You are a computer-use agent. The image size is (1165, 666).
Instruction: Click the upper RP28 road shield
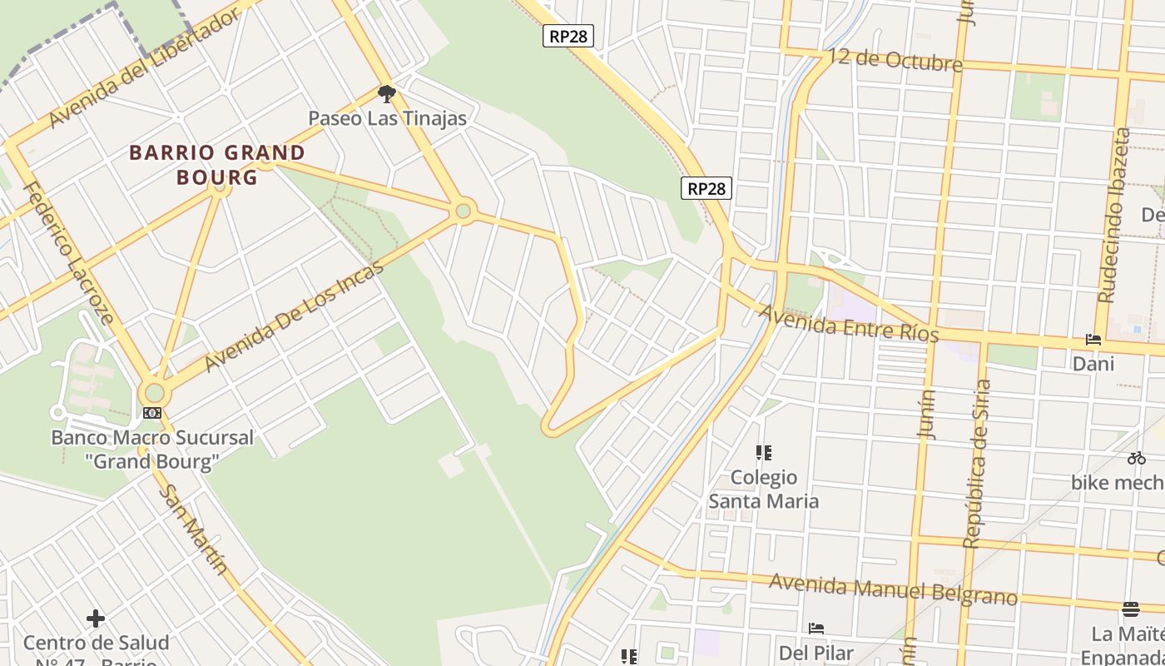[x=568, y=36]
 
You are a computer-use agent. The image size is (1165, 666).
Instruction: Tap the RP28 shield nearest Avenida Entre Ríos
[x=706, y=188]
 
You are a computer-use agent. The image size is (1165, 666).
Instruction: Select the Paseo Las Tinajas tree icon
[x=386, y=92]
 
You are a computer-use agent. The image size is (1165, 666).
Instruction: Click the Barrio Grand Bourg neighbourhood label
[x=217, y=165]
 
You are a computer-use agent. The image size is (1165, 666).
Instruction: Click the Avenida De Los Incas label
[x=294, y=316]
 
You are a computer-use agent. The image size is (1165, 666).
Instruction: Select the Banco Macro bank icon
[x=151, y=413]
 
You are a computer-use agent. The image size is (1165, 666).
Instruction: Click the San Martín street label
[x=193, y=529]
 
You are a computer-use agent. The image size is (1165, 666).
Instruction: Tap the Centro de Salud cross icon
[x=96, y=618]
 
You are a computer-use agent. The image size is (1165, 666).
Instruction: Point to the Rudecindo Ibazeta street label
[x=1115, y=214]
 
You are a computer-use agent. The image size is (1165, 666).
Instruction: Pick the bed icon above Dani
[x=1093, y=340]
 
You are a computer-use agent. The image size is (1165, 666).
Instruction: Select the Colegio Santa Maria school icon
[x=764, y=453]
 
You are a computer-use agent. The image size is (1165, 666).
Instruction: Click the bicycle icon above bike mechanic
[x=1137, y=458]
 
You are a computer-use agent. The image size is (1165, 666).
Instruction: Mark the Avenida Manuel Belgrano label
[x=893, y=589]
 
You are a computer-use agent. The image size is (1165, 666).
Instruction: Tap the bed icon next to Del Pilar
[x=816, y=628]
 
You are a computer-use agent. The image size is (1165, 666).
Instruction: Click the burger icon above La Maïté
[x=1130, y=609]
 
